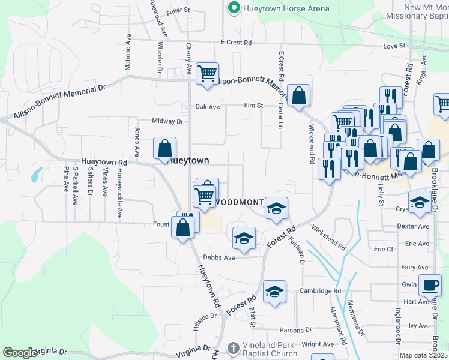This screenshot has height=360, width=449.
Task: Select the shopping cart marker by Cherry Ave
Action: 207,74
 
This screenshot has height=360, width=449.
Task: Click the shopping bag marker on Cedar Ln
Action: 298,95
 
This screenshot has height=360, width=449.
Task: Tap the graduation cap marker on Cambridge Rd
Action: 274,292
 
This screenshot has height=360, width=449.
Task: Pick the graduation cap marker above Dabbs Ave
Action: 243,238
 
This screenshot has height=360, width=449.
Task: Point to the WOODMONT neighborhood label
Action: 239,203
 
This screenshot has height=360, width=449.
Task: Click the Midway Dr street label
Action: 167,121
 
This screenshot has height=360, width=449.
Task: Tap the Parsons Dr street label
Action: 296,330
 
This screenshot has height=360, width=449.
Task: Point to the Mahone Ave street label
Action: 128,52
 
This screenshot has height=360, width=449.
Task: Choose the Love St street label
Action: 394,46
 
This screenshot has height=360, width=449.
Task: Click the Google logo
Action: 20,353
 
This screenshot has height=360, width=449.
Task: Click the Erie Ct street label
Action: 383,249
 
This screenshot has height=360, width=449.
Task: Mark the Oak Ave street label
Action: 208,107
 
